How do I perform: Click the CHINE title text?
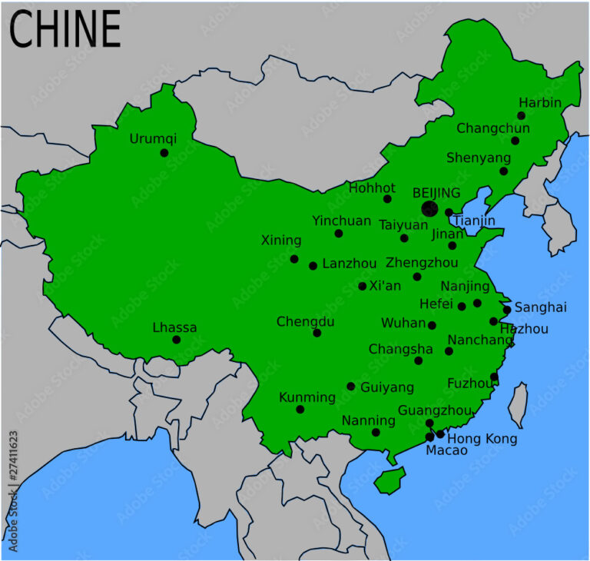tap(65, 30)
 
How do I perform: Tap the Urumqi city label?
tap(153, 139)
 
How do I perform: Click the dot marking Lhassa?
tap(177, 340)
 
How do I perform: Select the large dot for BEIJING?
tap(429, 208)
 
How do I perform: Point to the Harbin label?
tap(539, 103)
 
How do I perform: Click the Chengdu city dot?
tap(317, 333)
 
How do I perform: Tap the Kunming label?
tap(307, 397)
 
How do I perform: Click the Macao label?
tap(446, 451)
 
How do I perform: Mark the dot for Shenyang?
tap(504, 171)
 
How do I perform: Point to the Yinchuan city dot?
tap(339, 233)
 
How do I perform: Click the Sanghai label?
tap(540, 307)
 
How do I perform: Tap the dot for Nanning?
tap(376, 432)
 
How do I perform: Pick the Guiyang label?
tap(387, 387)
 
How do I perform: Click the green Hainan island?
tap(389, 480)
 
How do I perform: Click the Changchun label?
tap(493, 128)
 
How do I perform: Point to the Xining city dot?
tap(294, 259)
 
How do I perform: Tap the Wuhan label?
tap(403, 323)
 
